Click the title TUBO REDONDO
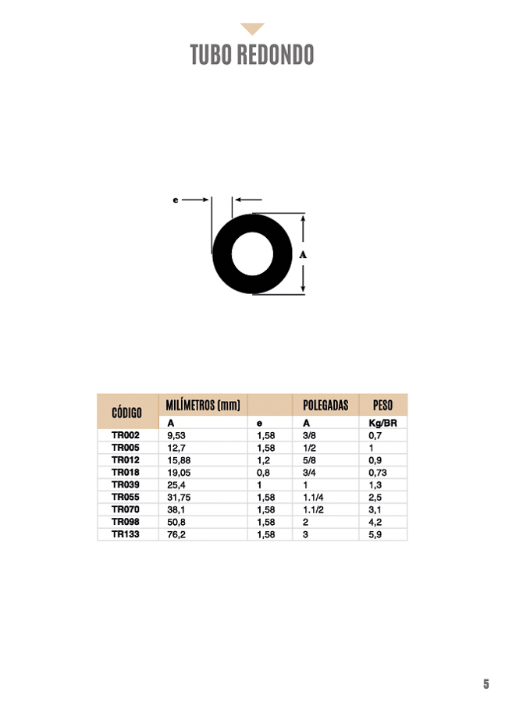coord(252,55)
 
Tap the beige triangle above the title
coord(252,28)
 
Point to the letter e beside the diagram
coord(175,200)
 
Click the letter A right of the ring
coord(303,255)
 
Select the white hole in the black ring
coord(252,253)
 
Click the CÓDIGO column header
coord(126,413)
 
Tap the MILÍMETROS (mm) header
coord(203,405)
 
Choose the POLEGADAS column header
coord(325,405)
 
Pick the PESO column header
coord(382,405)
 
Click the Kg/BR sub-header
coord(382,423)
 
